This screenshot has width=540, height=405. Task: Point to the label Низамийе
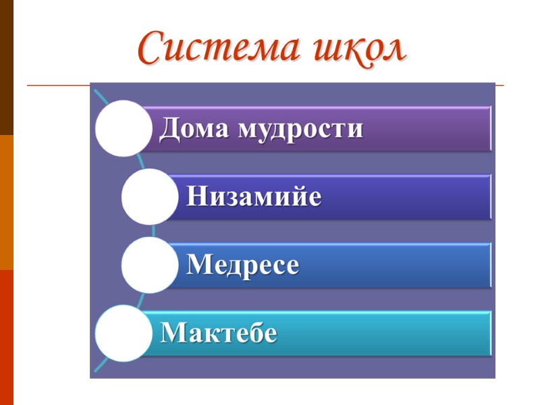tap(254, 197)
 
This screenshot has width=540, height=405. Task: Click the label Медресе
tap(242, 265)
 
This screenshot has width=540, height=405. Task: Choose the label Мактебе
tap(219, 333)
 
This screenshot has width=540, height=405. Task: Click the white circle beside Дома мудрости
tap(123, 128)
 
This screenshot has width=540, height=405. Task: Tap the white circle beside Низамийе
tap(149, 196)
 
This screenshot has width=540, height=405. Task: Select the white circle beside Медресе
tap(149, 265)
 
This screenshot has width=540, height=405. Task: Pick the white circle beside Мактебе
tap(123, 333)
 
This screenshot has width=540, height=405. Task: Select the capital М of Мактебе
tap(173, 333)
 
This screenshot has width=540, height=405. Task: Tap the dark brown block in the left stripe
tap(7, 67)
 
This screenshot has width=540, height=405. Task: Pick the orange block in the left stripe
tap(7, 202)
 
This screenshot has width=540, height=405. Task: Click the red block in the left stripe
tap(7, 337)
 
